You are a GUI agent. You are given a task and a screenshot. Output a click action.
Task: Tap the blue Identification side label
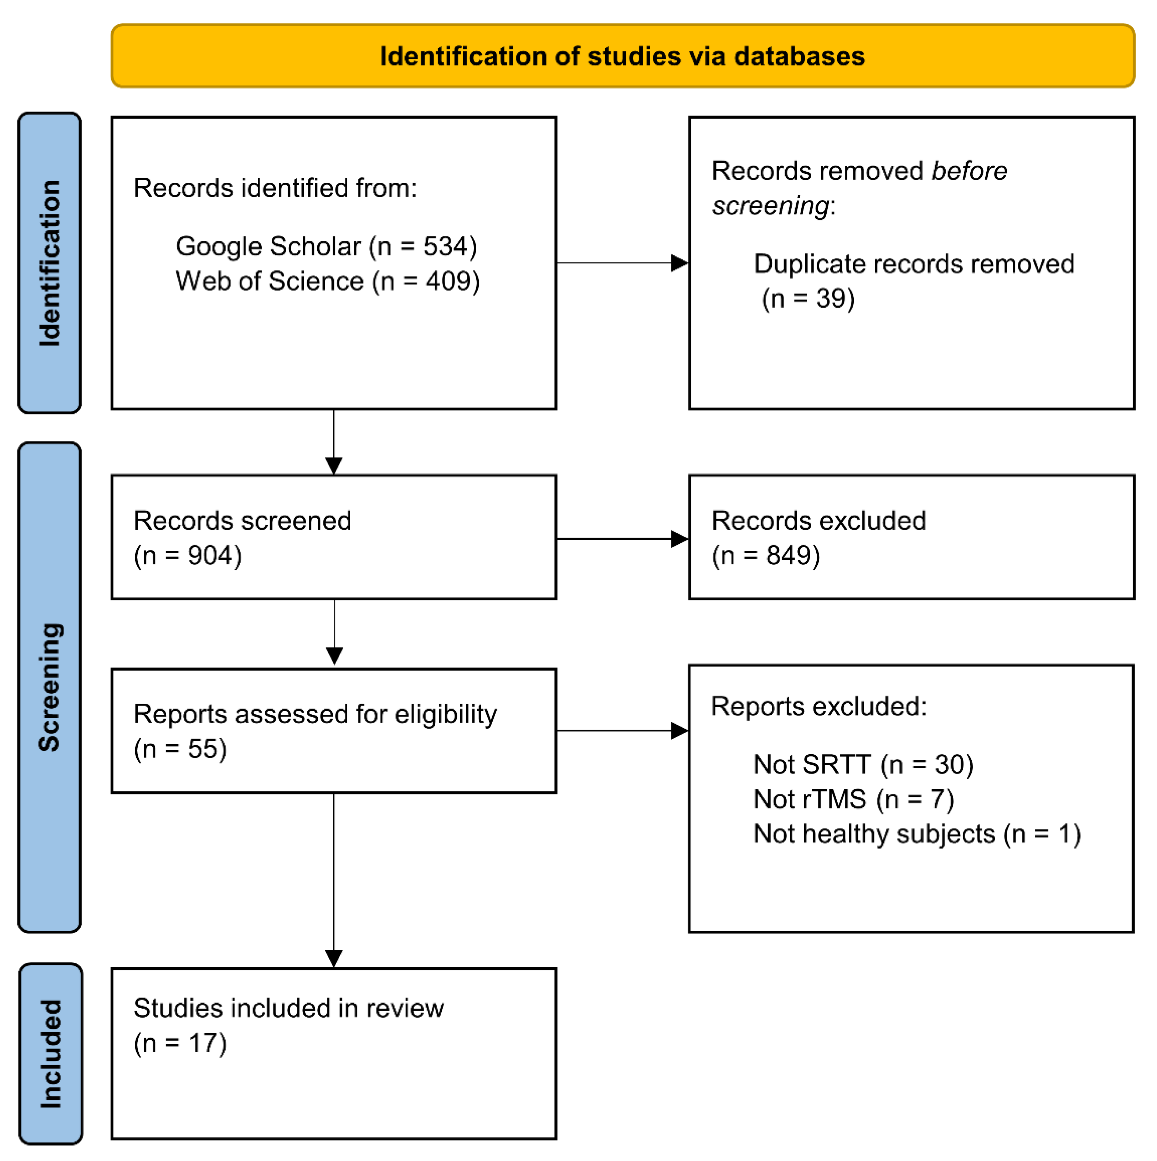(50, 263)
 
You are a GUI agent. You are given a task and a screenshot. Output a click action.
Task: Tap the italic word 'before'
(969, 171)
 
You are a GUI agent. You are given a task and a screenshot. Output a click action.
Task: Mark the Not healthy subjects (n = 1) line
(917, 834)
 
